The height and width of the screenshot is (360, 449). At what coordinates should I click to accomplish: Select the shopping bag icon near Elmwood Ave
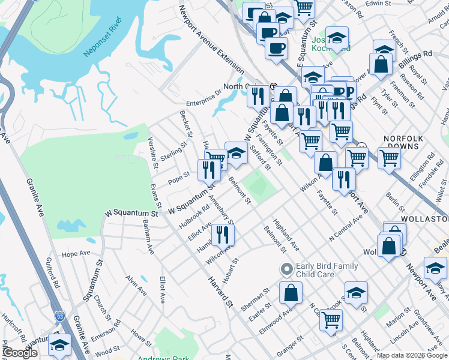[x=291, y=293]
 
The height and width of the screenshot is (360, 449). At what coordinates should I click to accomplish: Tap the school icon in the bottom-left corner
[x=59, y=345]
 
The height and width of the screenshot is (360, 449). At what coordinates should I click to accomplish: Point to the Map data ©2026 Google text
[x=412, y=355]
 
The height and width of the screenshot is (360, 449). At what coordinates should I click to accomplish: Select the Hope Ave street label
[x=76, y=254]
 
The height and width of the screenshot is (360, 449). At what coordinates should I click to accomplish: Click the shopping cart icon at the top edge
[x=304, y=7]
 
